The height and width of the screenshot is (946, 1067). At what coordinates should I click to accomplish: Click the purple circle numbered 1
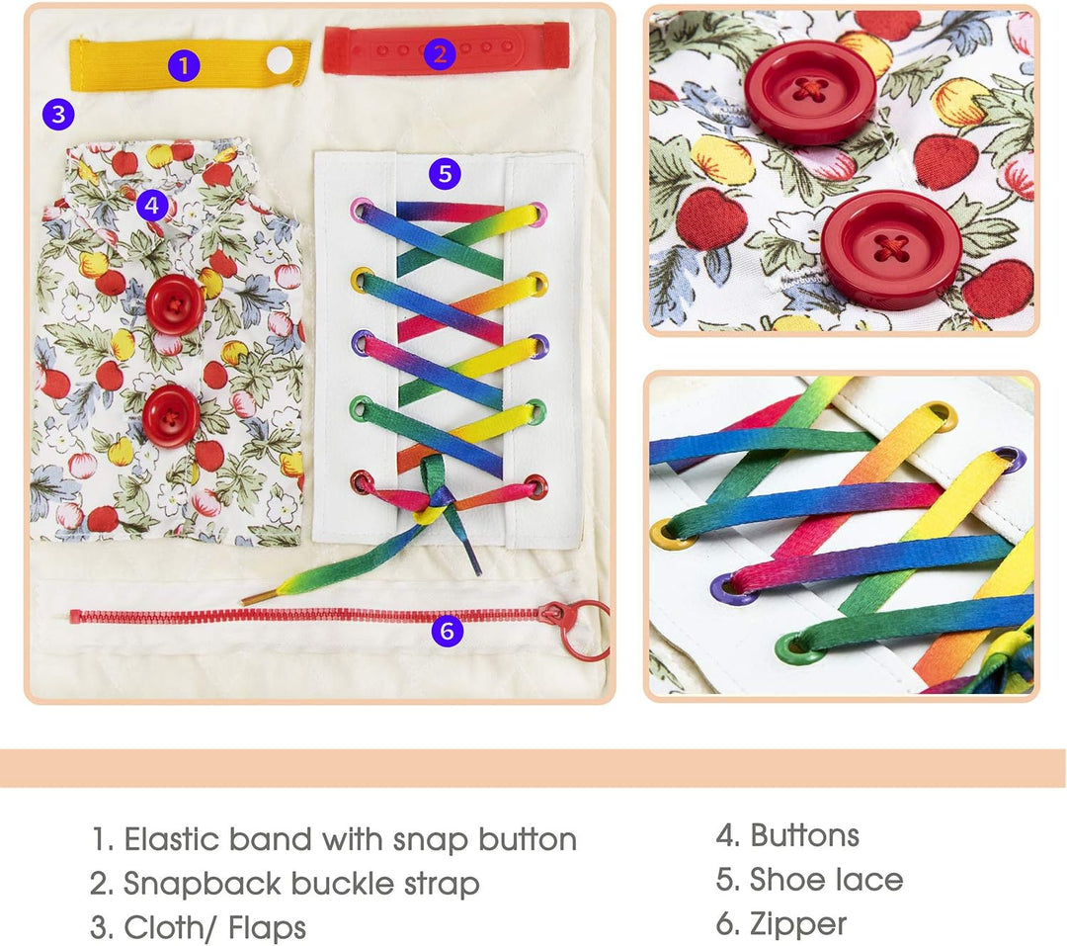184,66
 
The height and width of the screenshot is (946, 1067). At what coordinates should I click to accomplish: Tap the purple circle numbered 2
440,53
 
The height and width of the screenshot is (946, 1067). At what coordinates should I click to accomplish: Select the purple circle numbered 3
58,114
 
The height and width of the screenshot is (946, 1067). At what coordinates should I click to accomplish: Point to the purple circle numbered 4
152,205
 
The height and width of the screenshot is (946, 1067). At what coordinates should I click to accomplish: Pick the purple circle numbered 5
445,174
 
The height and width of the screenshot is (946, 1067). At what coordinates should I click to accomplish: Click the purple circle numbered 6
448,631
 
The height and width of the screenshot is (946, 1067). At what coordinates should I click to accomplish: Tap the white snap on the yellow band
279,60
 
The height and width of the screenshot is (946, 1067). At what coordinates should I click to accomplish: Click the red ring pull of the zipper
585,630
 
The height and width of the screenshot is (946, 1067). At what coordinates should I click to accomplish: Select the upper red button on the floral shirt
175,304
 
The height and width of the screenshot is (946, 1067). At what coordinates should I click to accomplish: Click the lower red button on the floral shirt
171,416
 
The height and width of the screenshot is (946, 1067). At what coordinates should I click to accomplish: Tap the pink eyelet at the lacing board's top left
362,210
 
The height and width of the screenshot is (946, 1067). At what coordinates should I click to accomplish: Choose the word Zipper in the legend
798,925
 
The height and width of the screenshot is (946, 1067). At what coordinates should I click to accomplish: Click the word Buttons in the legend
804,835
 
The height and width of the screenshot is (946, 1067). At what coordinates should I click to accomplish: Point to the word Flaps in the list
267,927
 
